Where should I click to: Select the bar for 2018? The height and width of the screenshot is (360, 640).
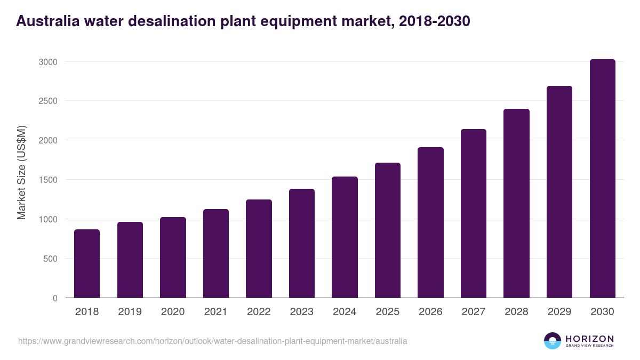pyautogui.click(x=87, y=263)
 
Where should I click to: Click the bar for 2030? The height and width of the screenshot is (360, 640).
pyautogui.click(x=602, y=179)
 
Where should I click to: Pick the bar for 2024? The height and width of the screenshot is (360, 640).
pyautogui.click(x=345, y=237)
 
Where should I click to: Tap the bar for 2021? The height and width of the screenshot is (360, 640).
pyautogui.click(x=216, y=253)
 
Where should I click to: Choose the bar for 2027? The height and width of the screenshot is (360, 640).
pyautogui.click(x=474, y=213)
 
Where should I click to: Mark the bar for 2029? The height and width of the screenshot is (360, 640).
pyautogui.click(x=559, y=192)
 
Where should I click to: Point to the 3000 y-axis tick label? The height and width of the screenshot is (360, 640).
pyautogui.click(x=48, y=62)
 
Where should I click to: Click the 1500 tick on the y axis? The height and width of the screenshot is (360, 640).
pyautogui.click(x=48, y=180)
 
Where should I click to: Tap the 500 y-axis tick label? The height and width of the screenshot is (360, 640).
pyautogui.click(x=50, y=259)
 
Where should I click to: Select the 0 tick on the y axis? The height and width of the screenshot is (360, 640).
pyautogui.click(x=55, y=298)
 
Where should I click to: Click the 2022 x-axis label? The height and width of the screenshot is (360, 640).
pyautogui.click(x=259, y=312)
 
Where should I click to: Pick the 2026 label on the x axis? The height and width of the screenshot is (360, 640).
pyautogui.click(x=430, y=312)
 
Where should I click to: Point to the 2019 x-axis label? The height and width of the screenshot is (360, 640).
pyautogui.click(x=130, y=312)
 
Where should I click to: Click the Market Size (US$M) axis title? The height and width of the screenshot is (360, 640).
pyautogui.click(x=22, y=172)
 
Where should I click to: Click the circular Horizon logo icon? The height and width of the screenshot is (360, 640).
pyautogui.click(x=553, y=341)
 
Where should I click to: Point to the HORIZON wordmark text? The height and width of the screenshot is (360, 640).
pyautogui.click(x=589, y=339)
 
